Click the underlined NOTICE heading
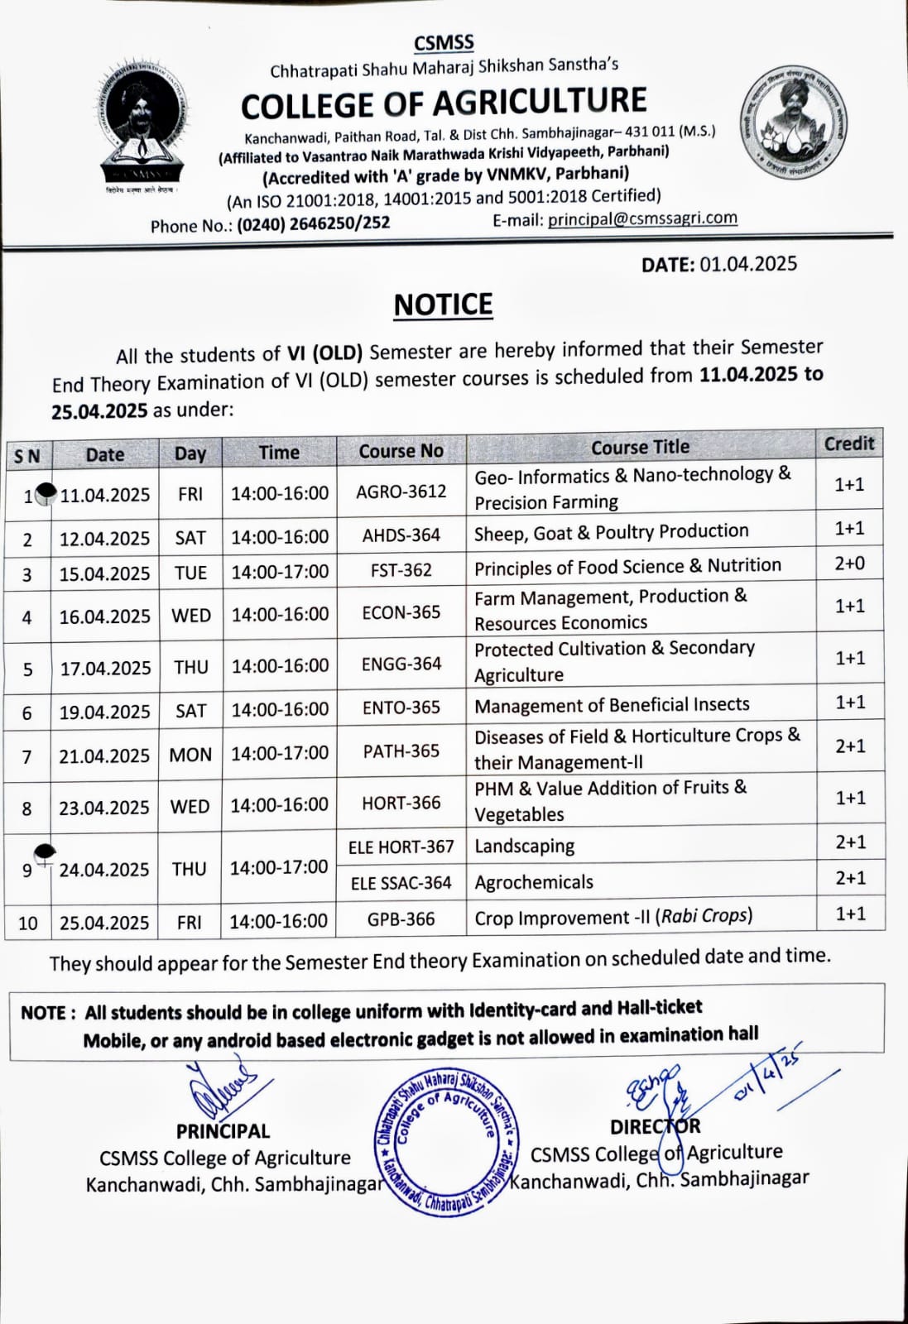443,305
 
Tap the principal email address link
642,218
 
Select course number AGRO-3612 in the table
401,492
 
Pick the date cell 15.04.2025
104,573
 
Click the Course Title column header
640,447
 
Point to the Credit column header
848,444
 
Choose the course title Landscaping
525,846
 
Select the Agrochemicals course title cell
534,882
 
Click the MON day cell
190,755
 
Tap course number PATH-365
401,751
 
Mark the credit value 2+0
849,564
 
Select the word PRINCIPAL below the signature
223,1131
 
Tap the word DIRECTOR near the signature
655,1126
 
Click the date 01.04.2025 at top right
748,264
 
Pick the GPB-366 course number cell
401,919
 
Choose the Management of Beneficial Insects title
612,705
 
